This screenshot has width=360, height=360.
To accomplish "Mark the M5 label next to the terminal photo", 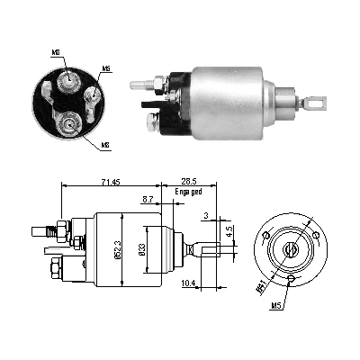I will click(106, 68).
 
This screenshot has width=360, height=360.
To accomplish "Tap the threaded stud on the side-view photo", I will click(139, 86).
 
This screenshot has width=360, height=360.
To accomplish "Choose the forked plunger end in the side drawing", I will click(204, 247).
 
